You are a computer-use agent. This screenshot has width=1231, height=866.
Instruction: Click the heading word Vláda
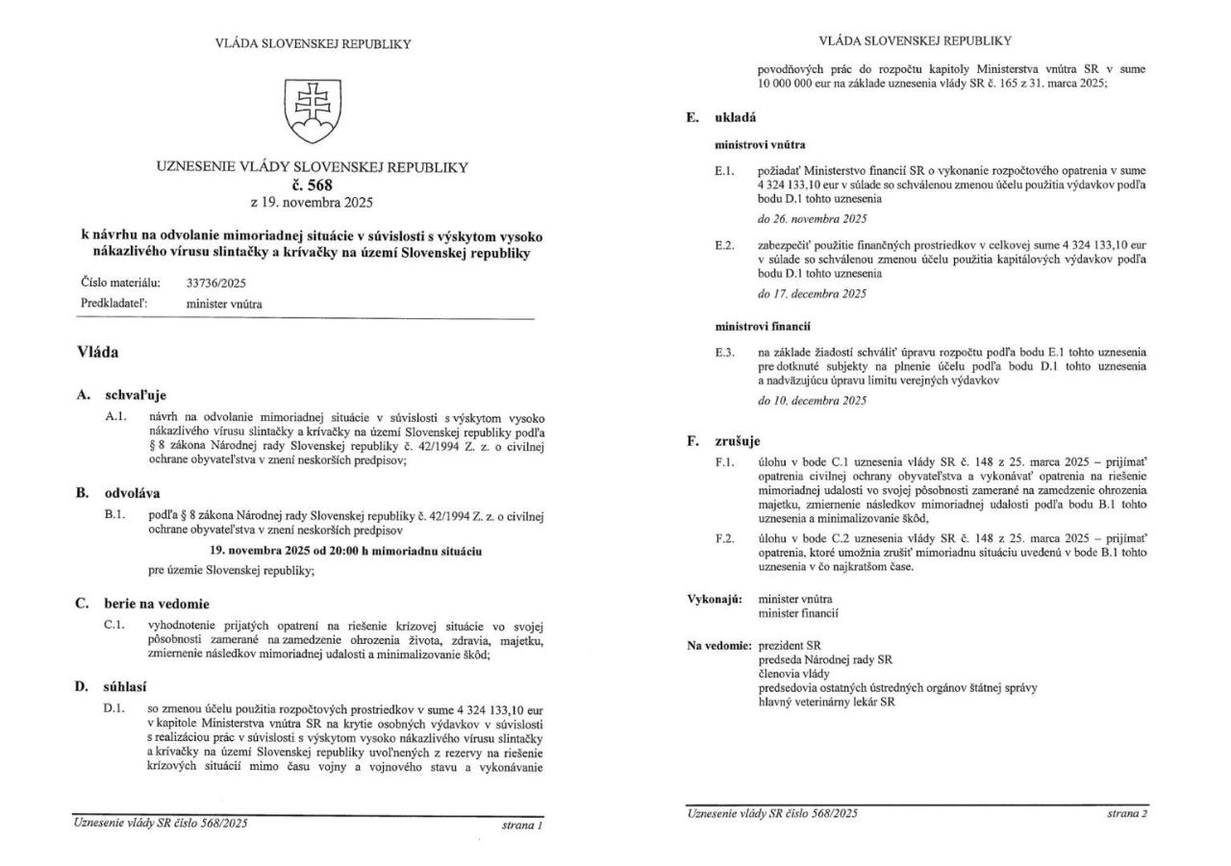tap(98, 353)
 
